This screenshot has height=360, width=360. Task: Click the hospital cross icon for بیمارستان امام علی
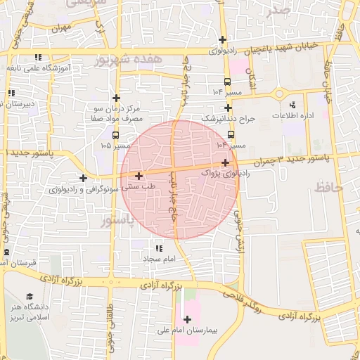(186, 320)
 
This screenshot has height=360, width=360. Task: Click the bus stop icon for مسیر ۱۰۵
(115, 136)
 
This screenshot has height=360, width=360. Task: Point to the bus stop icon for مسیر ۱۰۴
(227, 82)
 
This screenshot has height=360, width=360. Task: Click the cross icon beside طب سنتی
(139, 176)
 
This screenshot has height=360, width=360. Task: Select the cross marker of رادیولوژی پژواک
(224, 162)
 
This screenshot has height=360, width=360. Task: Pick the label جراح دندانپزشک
(226, 120)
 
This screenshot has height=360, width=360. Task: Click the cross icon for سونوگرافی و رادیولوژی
(83, 179)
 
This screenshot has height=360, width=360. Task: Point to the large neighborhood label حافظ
(328, 187)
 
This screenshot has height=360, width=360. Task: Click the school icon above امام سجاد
(159, 248)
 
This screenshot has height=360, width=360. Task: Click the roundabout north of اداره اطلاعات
(281, 94)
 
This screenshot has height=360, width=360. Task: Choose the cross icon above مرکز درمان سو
(116, 98)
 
